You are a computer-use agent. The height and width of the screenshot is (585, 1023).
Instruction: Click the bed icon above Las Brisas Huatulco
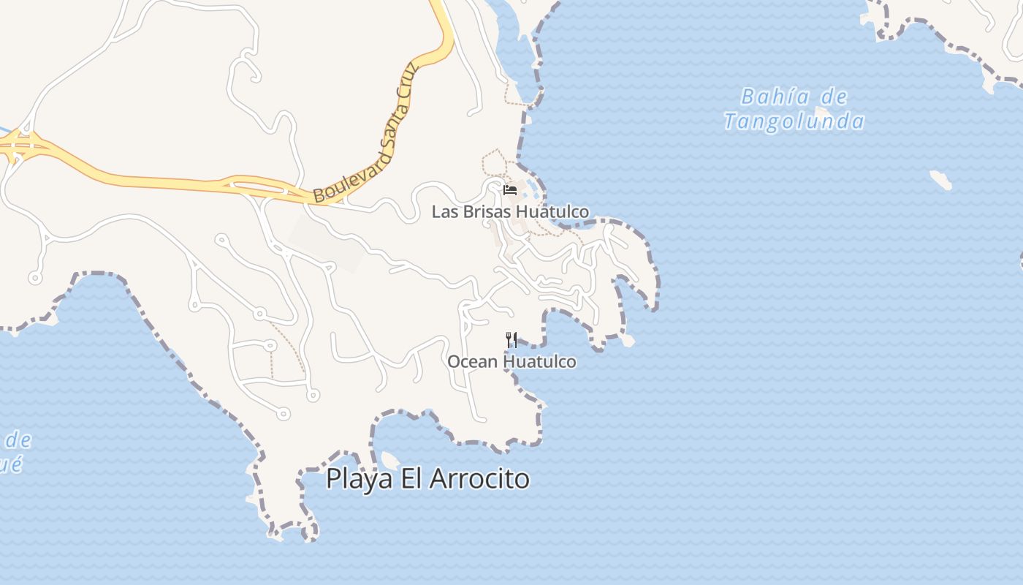[x=510, y=190]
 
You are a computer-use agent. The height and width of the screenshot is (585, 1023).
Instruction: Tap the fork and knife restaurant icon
[x=512, y=339]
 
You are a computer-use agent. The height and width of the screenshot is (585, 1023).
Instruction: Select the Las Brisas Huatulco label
[x=510, y=212]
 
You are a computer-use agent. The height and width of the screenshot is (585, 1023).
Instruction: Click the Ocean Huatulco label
[x=512, y=361]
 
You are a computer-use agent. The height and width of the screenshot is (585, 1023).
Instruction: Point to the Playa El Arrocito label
[x=427, y=479]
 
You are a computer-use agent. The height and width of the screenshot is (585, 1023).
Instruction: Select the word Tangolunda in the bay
[x=794, y=121]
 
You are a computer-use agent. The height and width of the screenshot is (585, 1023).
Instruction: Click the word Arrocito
[x=479, y=479]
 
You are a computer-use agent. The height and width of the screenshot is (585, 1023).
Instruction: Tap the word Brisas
[x=488, y=212]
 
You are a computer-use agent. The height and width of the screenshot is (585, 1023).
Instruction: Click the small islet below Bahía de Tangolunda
[x=940, y=179]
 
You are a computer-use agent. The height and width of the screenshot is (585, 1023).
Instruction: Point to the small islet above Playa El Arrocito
[x=390, y=460]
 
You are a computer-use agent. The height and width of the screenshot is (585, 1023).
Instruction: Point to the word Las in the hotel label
[x=444, y=212]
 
